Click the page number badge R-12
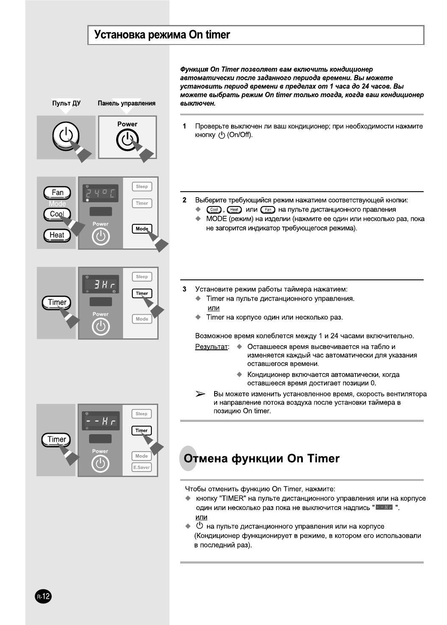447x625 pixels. [43, 597]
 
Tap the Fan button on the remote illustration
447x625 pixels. [57, 193]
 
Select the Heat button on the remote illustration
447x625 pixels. [57, 235]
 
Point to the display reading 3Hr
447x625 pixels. [101, 285]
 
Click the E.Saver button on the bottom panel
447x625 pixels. [142, 467]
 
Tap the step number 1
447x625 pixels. [184, 126]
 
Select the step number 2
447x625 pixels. [184, 200]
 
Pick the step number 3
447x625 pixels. [184, 289]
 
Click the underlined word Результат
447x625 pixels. [211, 347]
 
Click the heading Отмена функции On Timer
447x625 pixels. [262, 459]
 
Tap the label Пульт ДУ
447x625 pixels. [66, 103]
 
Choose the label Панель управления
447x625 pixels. [126, 103]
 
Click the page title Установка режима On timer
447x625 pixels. [162, 35]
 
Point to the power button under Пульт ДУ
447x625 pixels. [66, 135]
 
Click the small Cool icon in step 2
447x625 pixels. [214, 209]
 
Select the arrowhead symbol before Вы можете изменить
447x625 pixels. [200, 394]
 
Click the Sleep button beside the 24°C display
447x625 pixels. [142, 187]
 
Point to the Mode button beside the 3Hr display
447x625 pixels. [142, 319]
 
